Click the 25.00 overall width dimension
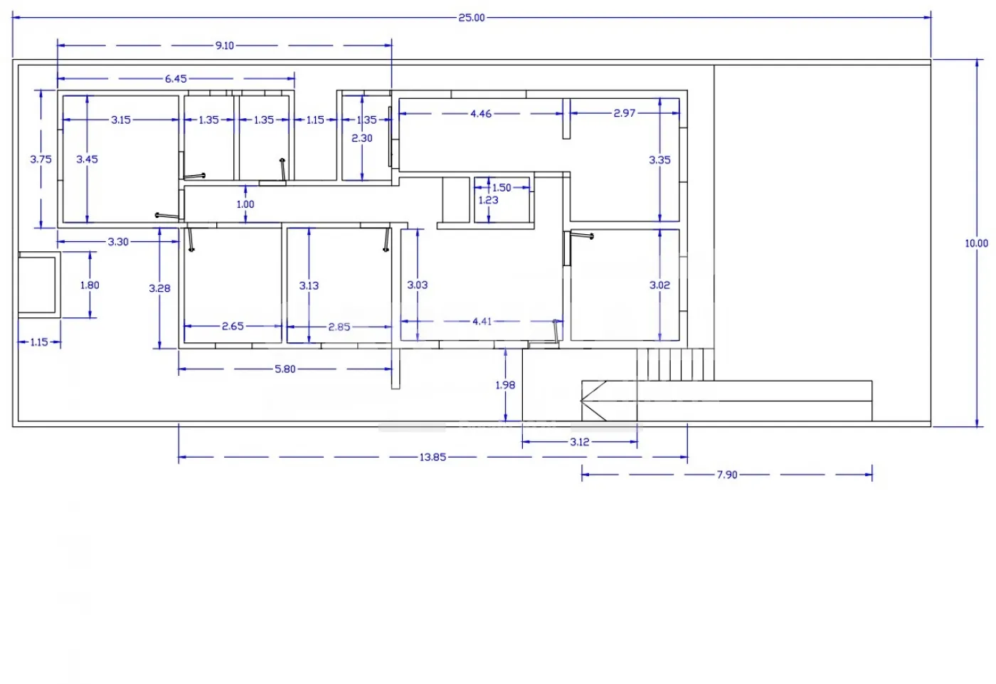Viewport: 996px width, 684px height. [x=471, y=18]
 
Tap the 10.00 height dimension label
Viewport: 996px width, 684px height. [x=976, y=243]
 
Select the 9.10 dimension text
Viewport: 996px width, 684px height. [x=225, y=46]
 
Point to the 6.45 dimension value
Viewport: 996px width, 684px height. [x=176, y=79]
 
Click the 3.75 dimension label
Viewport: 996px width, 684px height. [x=41, y=159]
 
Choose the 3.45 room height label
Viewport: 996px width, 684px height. [x=87, y=159]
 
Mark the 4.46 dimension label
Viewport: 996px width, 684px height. [x=481, y=114]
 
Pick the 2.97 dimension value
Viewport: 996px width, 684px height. [x=625, y=113]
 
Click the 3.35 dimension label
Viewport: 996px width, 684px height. [x=659, y=160]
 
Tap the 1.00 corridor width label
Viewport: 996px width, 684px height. [x=245, y=204]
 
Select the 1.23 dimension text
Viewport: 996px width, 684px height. [x=488, y=200]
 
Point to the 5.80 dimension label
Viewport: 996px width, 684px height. [x=285, y=369]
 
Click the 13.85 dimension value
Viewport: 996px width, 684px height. [x=433, y=458]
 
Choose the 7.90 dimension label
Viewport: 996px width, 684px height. [x=727, y=475]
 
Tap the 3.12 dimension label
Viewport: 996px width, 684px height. [x=580, y=442]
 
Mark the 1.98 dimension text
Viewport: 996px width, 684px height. [x=505, y=385]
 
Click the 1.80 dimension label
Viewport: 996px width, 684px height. [x=90, y=285]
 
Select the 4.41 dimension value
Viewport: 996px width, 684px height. [x=482, y=322]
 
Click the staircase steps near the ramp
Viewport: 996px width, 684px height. [x=675, y=364]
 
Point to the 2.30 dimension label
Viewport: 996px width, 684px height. [x=361, y=139]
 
